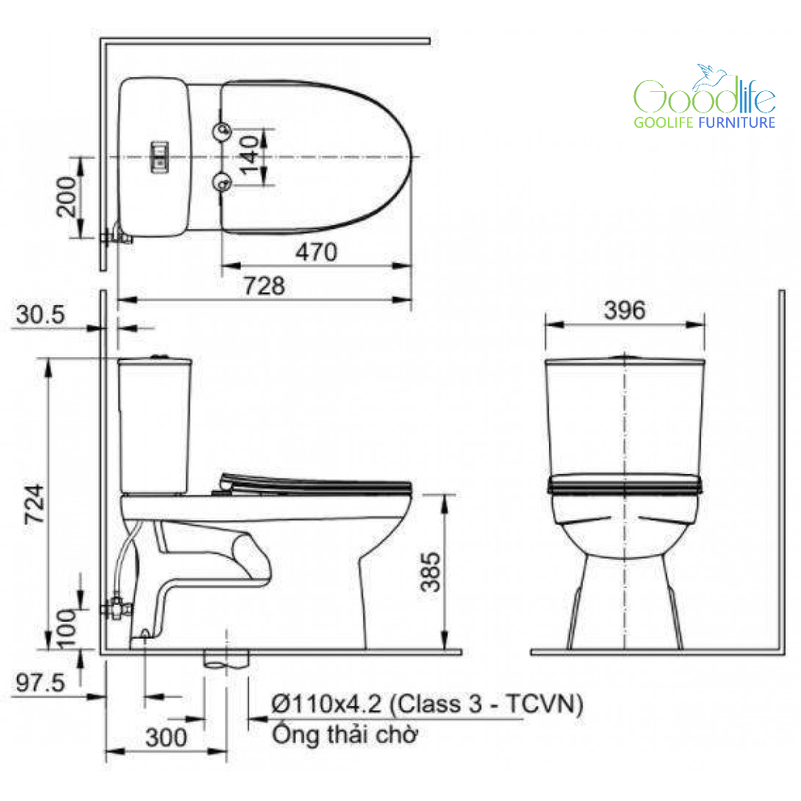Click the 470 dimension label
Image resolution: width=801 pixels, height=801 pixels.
(316, 252)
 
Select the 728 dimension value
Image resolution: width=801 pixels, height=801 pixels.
(264, 286)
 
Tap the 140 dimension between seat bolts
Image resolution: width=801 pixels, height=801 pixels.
(250, 155)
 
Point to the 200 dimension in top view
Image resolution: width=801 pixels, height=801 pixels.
(66, 197)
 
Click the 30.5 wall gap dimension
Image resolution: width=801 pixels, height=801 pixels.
(40, 315)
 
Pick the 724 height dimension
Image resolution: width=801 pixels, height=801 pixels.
(35, 503)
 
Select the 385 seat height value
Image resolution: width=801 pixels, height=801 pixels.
(430, 572)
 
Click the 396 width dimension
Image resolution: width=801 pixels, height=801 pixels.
(625, 310)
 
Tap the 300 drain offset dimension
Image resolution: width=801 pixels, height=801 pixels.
(166, 737)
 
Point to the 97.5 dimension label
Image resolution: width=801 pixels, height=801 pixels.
(40, 683)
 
